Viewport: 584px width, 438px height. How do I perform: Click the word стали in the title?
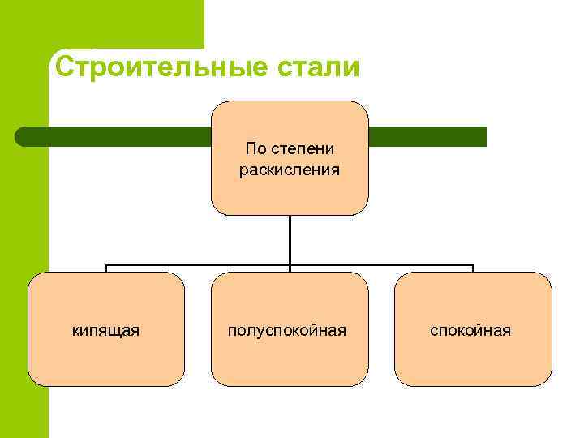(x=316, y=67)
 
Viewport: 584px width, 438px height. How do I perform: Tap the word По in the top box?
(x=255, y=149)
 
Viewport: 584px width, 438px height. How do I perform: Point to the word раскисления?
(x=290, y=170)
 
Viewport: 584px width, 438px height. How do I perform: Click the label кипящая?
(x=105, y=330)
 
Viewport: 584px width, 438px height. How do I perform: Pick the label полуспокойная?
(x=287, y=330)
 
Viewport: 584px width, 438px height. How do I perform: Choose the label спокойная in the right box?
(x=470, y=330)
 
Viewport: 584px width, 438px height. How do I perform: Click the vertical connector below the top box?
(x=290, y=240)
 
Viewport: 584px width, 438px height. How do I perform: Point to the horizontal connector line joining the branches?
(x=195, y=265)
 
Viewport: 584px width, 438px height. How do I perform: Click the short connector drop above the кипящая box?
(x=106, y=268)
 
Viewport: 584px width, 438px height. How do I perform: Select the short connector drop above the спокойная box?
(x=472, y=268)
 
